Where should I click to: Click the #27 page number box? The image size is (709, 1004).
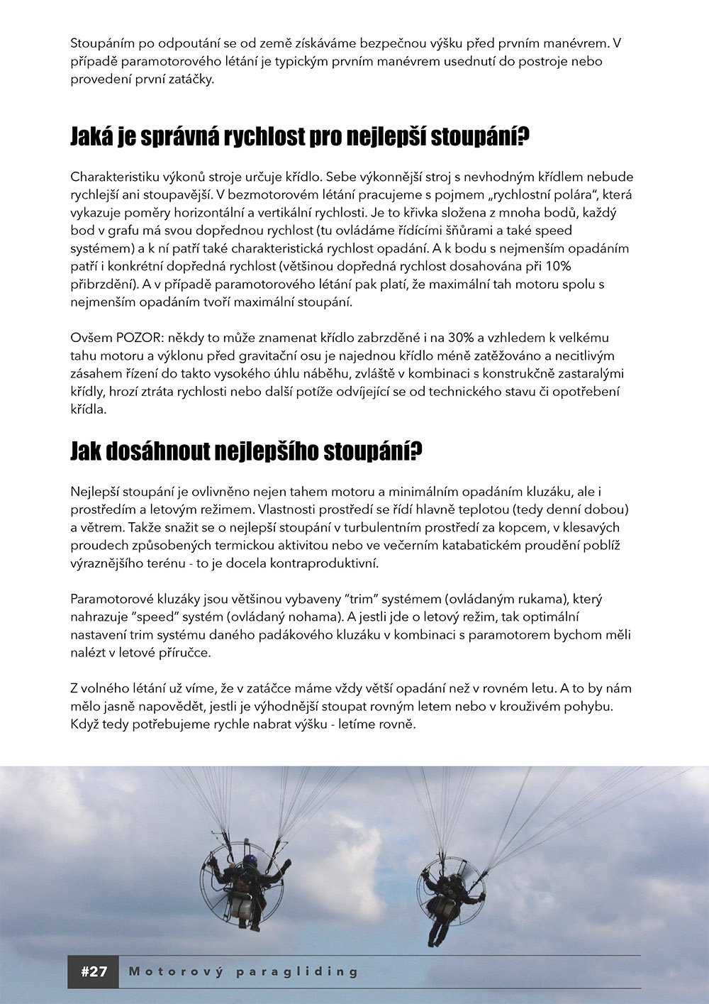tap(94, 971)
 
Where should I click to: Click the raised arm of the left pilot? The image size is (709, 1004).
tap(283, 868)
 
